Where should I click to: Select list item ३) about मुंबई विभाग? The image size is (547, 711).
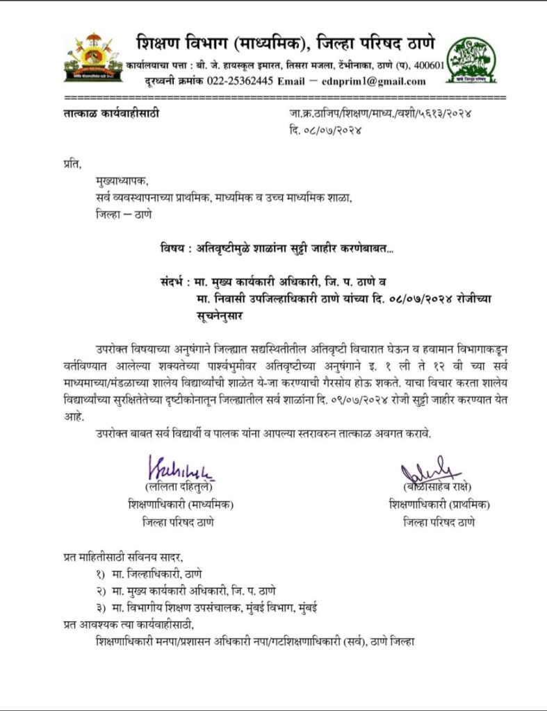point(208,608)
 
